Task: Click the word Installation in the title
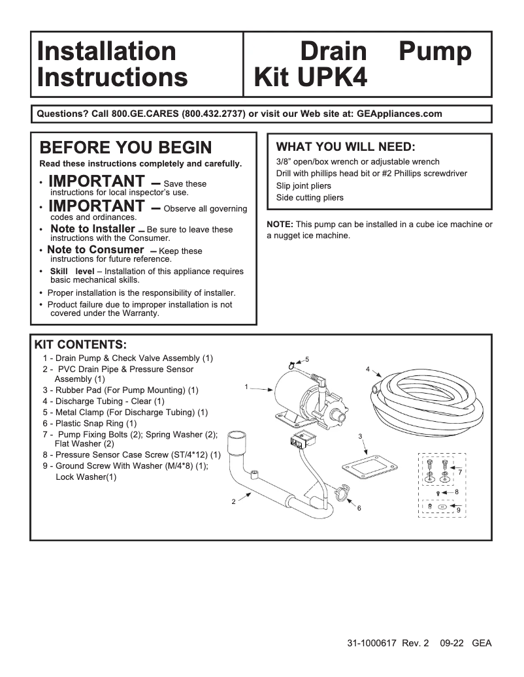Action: tap(106, 52)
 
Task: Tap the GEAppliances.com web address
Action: tap(399, 114)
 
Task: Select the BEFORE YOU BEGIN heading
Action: tap(125, 148)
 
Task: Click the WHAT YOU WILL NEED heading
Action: tap(346, 146)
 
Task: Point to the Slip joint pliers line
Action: tap(304, 185)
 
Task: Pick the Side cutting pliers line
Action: tap(310, 198)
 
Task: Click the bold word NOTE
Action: tap(280, 225)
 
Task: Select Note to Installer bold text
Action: tap(92, 229)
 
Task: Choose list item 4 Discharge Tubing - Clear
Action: tap(103, 401)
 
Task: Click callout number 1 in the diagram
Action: tap(246, 387)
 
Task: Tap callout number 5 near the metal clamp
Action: tap(306, 360)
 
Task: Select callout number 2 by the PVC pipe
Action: tap(233, 501)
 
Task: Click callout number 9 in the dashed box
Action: tap(459, 509)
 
